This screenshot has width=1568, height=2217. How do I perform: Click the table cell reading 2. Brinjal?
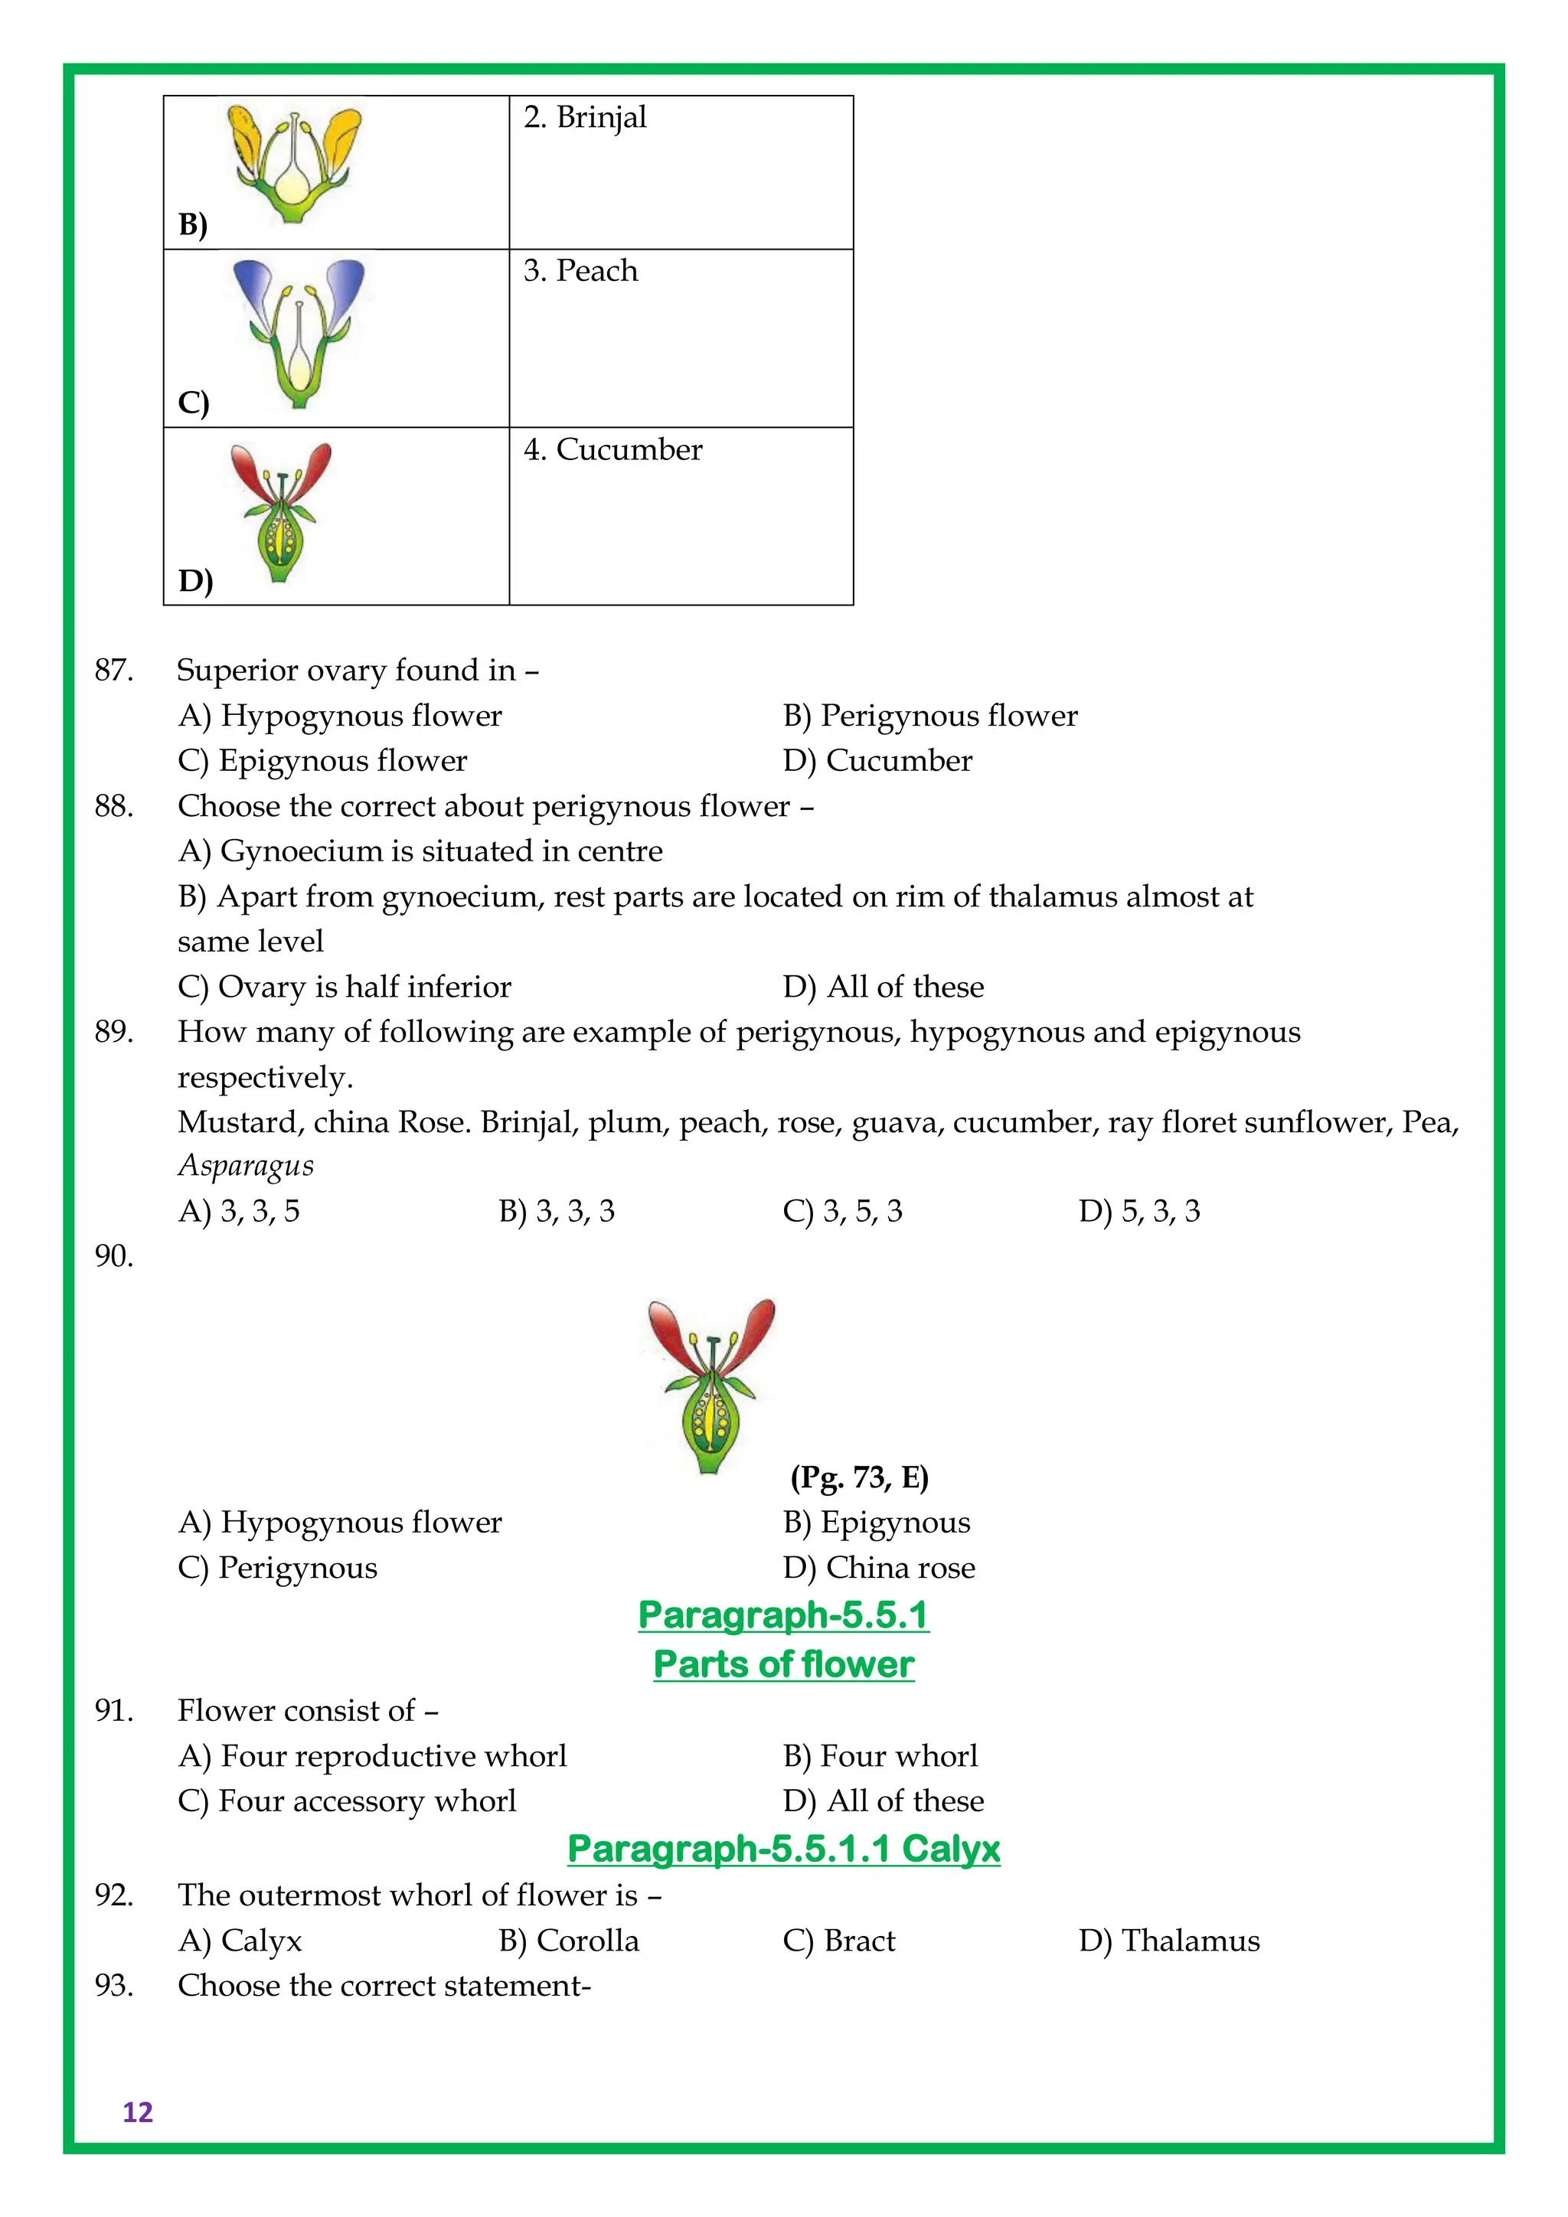681,172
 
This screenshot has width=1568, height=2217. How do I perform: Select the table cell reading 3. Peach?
681,337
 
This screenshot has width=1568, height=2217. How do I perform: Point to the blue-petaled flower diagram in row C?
299,332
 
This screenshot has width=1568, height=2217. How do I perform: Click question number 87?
113,670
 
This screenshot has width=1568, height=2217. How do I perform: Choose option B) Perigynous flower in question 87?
929,716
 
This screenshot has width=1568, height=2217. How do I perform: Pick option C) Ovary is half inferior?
344,987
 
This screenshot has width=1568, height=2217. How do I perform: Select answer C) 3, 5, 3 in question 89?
842,1211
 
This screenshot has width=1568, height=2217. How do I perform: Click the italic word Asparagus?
245,1165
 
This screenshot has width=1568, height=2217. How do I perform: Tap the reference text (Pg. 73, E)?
858,1477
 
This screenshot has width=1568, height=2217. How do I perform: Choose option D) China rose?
879,1567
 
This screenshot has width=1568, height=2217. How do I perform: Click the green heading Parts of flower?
783,1664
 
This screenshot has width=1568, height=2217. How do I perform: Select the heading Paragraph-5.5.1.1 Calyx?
783,1848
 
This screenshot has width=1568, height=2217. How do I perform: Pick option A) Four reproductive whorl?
372,1755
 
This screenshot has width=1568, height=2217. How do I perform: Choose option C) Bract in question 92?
838,1940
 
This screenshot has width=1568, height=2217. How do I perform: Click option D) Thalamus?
1168,1940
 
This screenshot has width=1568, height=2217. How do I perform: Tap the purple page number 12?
138,2112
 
